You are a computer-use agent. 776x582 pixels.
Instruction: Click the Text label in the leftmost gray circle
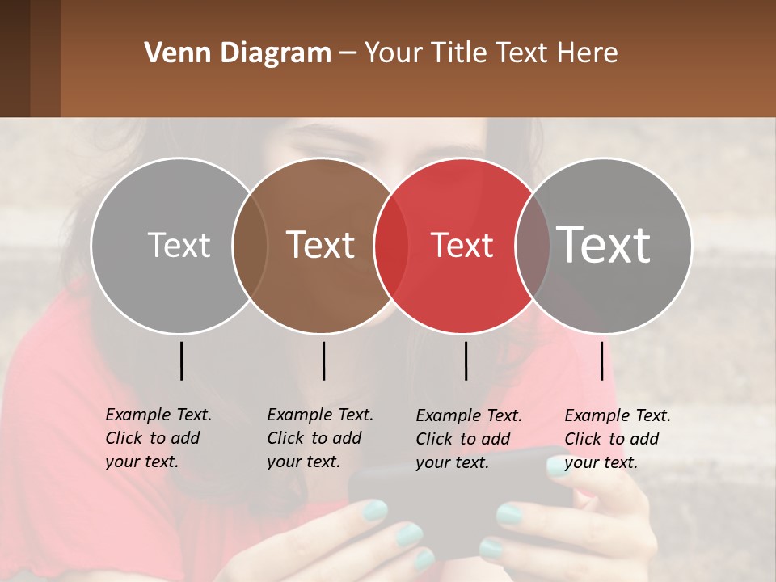(x=179, y=245)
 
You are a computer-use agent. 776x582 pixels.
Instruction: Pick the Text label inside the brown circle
(x=321, y=245)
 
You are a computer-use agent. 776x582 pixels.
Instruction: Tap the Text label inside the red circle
(x=462, y=245)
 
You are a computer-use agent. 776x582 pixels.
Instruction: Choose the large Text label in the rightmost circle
(x=604, y=245)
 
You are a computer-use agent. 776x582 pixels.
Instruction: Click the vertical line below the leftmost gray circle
(x=181, y=361)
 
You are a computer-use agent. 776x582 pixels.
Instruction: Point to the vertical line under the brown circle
(x=323, y=361)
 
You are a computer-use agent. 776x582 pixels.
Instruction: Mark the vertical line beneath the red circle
(x=466, y=361)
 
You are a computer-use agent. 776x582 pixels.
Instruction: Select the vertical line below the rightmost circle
(x=601, y=361)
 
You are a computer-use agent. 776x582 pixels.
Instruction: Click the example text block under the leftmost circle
(x=158, y=438)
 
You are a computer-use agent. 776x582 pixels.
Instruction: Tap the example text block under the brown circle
(x=319, y=438)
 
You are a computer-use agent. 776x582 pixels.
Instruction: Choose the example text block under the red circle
(x=468, y=439)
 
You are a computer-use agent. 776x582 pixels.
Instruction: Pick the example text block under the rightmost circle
(x=617, y=439)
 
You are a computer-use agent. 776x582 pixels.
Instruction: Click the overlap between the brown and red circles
(x=391, y=246)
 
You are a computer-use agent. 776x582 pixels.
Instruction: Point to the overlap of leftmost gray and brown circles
(x=250, y=246)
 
